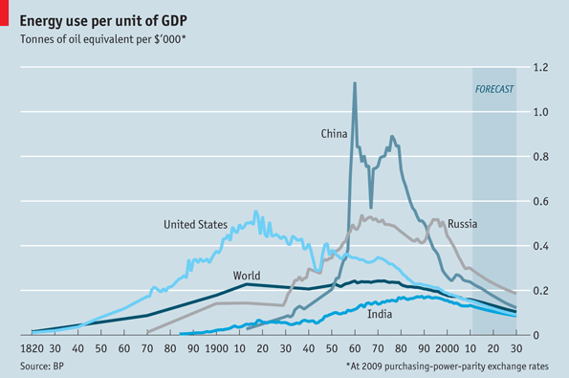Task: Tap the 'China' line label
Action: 334,134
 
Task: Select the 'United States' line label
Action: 195,225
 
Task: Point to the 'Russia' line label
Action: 462,224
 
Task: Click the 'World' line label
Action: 246,276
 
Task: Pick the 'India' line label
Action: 380,313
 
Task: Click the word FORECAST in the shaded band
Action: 494,89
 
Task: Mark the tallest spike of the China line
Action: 355,84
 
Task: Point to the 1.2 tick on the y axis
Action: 540,68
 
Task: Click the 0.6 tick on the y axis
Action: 540,201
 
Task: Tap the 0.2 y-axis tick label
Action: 540,290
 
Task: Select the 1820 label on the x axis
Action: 32,348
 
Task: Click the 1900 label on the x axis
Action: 215,348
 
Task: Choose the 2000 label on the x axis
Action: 447,348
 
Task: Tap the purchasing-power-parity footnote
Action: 449,367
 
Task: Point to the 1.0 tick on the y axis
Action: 540,112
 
